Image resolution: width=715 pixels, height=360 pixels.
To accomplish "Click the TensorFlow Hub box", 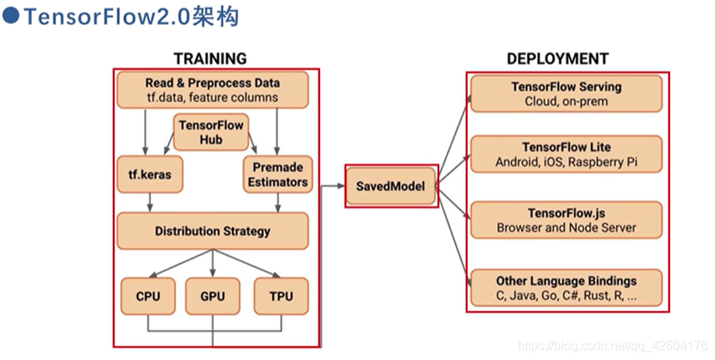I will point(211,132).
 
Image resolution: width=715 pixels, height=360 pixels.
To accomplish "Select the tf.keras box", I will point(145,175).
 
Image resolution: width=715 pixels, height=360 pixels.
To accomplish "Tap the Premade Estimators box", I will point(278,175).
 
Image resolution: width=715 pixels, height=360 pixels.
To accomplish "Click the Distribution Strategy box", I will point(212,231).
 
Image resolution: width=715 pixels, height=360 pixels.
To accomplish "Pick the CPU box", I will point(147,297).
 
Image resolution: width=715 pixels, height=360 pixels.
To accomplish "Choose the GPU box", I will point(212,297).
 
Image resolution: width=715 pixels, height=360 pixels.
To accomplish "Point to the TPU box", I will point(280,297).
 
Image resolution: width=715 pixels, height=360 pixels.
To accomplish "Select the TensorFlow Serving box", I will point(565,94).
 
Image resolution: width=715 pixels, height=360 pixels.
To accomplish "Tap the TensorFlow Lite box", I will point(565,154).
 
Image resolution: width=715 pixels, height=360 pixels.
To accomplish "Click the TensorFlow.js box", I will point(565,220).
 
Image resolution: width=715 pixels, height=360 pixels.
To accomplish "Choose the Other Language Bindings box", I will point(565,288).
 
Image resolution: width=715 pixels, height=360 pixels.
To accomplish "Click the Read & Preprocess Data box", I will point(212,90).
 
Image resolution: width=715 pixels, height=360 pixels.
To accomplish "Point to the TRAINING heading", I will point(210,59).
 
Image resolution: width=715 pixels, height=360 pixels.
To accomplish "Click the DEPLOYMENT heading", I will point(558,59).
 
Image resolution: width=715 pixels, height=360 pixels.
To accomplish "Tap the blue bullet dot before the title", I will point(10,17).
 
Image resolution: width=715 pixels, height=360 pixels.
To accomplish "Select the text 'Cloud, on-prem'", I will point(565,101).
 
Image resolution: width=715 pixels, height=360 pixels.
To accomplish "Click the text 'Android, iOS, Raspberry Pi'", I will point(565,162).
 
